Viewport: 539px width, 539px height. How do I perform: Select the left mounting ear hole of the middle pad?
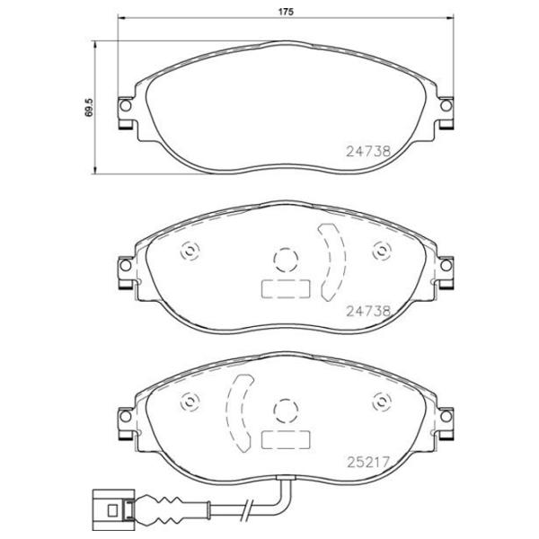point(126,267)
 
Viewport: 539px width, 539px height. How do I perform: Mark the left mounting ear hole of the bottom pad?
point(126,417)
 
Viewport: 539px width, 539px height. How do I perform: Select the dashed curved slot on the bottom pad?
point(240,411)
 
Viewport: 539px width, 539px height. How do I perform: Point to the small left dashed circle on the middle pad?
point(189,251)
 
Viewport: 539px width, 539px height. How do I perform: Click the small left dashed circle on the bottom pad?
point(189,402)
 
